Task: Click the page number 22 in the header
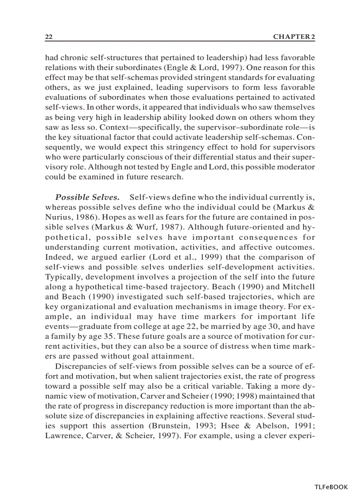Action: click(49, 37)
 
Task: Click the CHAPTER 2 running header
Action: click(294, 37)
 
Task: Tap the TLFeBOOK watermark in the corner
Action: click(331, 487)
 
